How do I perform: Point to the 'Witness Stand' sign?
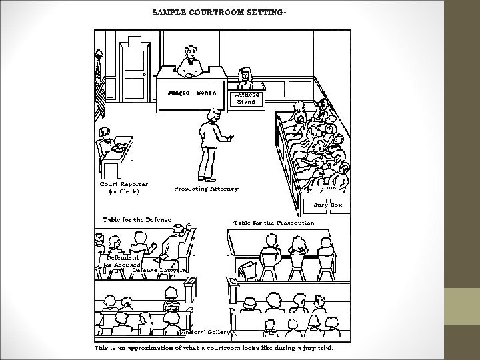[247, 99]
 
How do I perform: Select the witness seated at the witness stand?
[245, 75]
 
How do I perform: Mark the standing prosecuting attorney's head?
[211, 116]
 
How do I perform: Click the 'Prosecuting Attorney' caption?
[206, 189]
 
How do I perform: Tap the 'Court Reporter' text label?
[124, 184]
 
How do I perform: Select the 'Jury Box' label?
[327, 205]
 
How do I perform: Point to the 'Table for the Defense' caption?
[137, 219]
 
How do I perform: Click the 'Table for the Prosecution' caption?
[273, 223]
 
